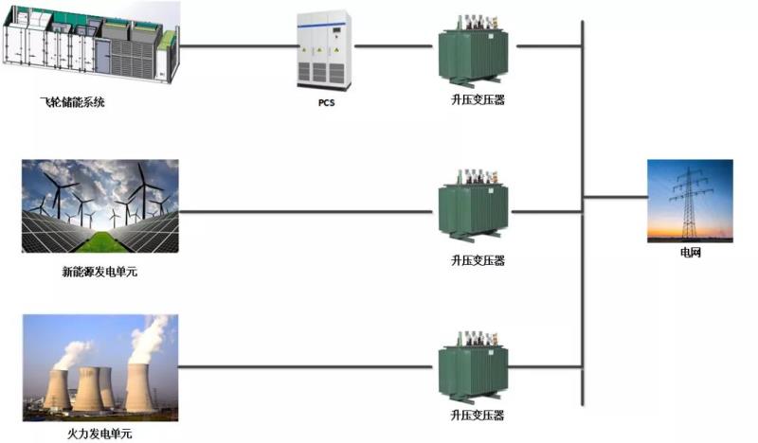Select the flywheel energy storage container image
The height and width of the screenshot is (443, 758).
[90, 46]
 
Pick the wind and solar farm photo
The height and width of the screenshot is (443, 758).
[99, 206]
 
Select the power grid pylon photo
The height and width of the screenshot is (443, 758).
[689, 200]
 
